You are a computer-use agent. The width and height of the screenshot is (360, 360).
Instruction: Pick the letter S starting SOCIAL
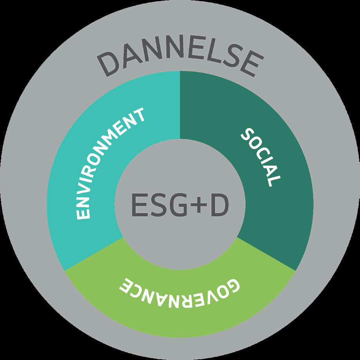246,135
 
